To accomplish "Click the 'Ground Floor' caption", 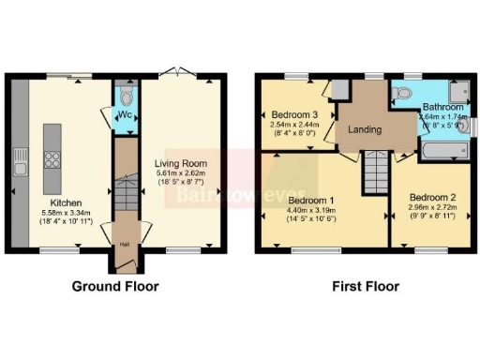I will [116, 286].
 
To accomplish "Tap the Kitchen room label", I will [66, 202].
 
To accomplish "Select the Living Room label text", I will [181, 163].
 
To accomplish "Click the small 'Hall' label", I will [124, 246].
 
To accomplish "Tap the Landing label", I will [365, 130].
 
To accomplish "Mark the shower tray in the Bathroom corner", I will [459, 90].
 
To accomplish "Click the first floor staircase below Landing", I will [375, 172].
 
